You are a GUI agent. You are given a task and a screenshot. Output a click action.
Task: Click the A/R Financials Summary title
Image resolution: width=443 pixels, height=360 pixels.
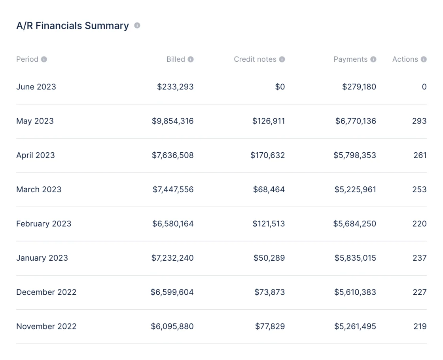point(72,26)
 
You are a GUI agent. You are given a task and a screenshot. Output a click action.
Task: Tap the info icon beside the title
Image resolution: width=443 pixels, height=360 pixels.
point(137,25)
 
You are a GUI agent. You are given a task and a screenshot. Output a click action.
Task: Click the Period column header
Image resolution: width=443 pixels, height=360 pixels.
point(27,59)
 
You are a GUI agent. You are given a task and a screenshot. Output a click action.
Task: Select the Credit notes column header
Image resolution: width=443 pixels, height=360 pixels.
point(255,59)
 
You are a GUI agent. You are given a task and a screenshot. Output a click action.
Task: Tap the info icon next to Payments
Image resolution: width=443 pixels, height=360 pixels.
point(373,59)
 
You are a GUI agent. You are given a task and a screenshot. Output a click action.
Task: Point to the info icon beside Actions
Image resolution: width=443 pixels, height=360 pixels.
point(424,59)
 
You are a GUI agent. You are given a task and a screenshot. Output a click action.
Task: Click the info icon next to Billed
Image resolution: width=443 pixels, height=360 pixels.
point(191,59)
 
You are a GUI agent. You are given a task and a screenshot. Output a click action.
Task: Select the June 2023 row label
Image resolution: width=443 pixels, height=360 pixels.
point(36,87)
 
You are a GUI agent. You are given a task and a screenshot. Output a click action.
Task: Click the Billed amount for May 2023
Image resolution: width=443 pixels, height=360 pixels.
point(172,121)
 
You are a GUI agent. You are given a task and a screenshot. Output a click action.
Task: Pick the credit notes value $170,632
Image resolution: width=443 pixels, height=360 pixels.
point(267,155)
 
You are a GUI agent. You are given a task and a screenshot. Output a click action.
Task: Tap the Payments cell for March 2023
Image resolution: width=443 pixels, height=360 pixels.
point(355,189)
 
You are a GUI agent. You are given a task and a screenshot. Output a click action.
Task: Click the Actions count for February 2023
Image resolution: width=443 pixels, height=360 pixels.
point(419,224)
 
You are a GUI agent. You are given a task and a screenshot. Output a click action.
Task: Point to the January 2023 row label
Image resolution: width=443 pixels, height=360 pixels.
point(42,258)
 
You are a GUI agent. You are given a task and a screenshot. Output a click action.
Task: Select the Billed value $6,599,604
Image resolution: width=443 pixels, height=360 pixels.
point(172,292)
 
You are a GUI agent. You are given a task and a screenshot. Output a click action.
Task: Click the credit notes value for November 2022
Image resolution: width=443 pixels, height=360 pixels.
point(270,326)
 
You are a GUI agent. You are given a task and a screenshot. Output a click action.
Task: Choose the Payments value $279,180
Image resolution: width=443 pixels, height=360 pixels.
point(359,87)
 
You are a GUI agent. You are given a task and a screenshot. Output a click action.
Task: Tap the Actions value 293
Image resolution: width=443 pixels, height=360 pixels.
point(419,121)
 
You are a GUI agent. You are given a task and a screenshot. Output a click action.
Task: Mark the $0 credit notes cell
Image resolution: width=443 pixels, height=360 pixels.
point(280,87)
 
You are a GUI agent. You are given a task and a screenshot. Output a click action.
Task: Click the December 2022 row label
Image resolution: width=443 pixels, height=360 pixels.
point(46,292)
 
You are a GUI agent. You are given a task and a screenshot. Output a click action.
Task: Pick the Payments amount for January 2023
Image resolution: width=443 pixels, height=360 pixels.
point(355,258)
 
